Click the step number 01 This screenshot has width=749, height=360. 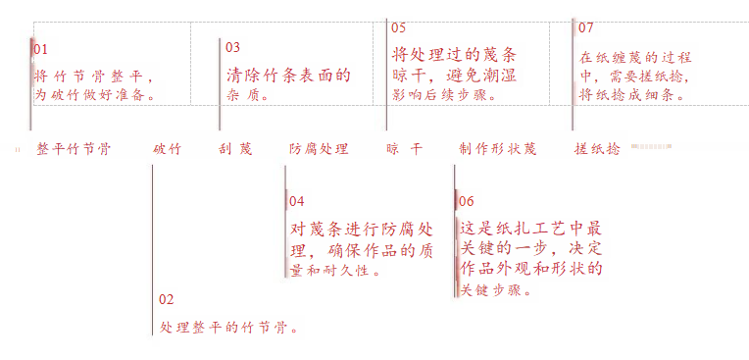coord(40,49)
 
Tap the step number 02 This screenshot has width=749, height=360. coord(167,300)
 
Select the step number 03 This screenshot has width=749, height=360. coord(232,47)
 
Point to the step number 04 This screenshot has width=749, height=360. coord(297,201)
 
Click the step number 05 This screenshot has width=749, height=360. coord(398,27)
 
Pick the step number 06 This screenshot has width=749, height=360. coord(467,202)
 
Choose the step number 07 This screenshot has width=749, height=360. coord(585,27)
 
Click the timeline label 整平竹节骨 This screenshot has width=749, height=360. coord(74,149)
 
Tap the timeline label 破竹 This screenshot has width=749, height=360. coord(168,149)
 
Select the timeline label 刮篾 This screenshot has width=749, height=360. coord(235,149)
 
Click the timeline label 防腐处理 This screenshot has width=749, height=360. coord(319,149)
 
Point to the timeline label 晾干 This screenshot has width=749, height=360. coord(405,149)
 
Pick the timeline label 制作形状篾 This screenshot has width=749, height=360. coord(498,149)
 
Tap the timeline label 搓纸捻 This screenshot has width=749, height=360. coord(597,149)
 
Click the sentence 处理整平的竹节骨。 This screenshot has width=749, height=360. coord(229,328)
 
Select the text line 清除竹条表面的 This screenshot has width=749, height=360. coord(288,76)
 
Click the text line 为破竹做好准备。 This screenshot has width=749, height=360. coord(95,95)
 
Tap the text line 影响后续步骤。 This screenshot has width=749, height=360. coord(444,94)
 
